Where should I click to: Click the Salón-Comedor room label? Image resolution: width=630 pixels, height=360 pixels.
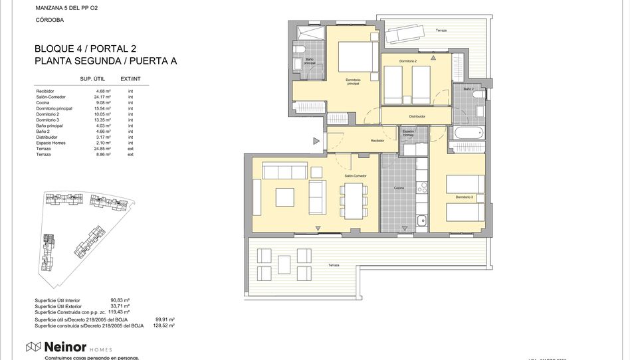tap(356, 176)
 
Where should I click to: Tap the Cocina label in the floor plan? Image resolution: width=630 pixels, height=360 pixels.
tap(399, 188)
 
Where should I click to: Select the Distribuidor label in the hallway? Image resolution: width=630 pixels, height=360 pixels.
tap(417, 116)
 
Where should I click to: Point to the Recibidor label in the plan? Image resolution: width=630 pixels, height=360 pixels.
tap(377, 141)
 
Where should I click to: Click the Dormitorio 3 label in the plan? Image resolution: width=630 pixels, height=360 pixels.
tap(465, 197)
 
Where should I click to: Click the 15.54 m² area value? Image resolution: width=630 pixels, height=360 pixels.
tap(102, 108)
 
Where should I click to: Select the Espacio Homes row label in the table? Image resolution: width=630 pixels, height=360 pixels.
tap(51, 143)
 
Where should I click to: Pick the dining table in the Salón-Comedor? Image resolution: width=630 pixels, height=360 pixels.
tap(352, 199)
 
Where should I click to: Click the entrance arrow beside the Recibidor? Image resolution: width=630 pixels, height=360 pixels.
tap(316, 140)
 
